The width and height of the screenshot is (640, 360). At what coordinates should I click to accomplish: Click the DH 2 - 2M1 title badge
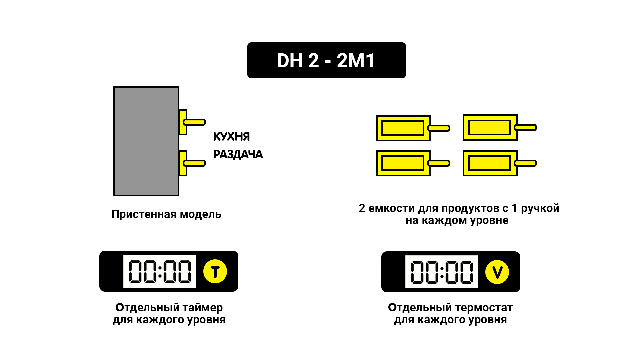pos(326,60)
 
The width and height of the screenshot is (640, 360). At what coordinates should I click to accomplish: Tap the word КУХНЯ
pos(231,136)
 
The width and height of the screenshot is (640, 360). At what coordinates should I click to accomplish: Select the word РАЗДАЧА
pos(238,154)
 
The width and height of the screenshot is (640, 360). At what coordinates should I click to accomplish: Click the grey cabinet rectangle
pos(146,141)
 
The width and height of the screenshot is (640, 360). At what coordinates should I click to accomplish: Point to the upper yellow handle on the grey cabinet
pos(195,122)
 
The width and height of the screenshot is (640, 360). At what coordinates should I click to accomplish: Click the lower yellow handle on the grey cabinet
pos(195,163)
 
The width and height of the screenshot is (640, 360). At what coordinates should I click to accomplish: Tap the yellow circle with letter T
pos(215,271)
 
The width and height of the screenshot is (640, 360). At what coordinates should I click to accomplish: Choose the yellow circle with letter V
pos(497,272)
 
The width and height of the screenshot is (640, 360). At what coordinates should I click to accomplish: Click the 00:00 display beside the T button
pos(160,271)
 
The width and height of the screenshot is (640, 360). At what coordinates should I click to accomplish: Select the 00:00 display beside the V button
pos(442,272)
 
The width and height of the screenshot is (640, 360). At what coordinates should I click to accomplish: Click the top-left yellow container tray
pos(403,128)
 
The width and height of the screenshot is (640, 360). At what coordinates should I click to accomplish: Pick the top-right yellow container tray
pos(490,127)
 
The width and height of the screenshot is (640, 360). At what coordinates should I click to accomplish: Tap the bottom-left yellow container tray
pos(403,163)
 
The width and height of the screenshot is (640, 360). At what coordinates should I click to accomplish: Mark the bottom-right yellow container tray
pos(490,163)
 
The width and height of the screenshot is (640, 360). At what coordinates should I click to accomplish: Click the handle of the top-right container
pos(526,127)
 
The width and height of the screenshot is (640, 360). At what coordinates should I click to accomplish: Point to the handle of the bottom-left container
pos(439,163)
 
